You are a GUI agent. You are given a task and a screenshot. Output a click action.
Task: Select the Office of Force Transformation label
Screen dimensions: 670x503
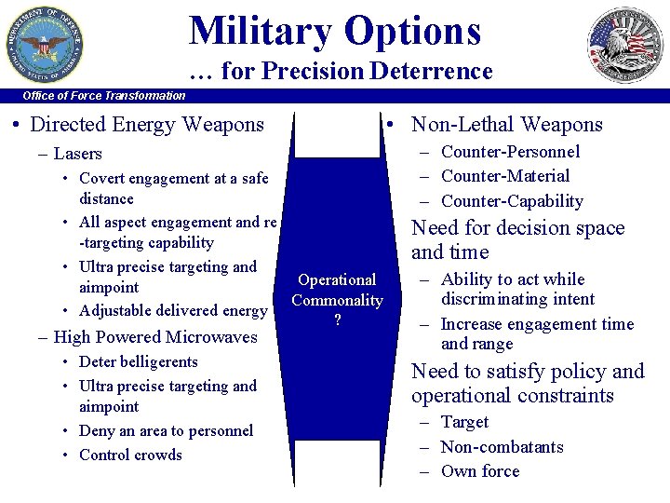pyautogui.click(x=104, y=95)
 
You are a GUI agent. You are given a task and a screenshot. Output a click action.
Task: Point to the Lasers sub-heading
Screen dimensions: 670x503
pyautogui.click(x=77, y=154)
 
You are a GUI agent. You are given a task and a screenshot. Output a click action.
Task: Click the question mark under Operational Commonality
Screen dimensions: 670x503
pyautogui.click(x=337, y=319)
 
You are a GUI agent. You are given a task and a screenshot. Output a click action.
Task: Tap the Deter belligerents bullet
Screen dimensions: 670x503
pyautogui.click(x=139, y=361)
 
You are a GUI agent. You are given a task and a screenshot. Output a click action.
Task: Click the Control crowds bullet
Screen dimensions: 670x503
pyautogui.click(x=130, y=455)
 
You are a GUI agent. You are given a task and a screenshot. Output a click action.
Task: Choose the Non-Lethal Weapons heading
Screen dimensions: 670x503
pyautogui.click(x=506, y=125)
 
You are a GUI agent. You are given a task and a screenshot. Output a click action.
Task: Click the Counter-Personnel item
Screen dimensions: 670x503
pyautogui.click(x=510, y=152)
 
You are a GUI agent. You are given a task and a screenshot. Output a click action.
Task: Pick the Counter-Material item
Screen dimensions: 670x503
pyautogui.click(x=505, y=176)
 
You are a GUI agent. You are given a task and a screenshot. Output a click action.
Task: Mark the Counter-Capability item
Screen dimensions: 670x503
pyautogui.click(x=512, y=201)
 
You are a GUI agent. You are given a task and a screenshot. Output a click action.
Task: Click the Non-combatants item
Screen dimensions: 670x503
pyautogui.click(x=502, y=447)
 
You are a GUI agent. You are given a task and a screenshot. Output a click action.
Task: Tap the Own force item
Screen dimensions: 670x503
pyautogui.click(x=480, y=471)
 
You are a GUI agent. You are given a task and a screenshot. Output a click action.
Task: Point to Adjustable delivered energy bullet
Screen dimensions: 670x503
pyautogui.click(x=173, y=310)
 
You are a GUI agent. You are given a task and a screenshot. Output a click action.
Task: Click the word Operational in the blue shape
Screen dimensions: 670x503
pyautogui.click(x=337, y=279)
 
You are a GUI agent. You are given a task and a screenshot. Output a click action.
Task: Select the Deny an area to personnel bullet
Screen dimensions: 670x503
pyautogui.click(x=166, y=430)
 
